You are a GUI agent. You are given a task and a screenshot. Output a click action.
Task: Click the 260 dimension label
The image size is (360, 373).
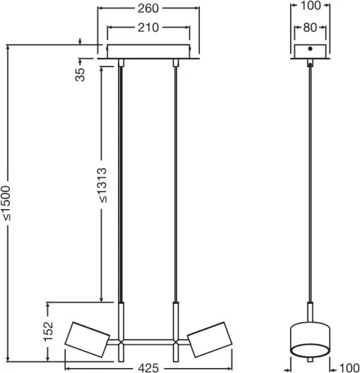coord(148,8)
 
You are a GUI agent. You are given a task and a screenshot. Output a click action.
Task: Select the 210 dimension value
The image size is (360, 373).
coord(148,28)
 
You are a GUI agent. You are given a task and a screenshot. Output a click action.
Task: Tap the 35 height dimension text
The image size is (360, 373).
coord(80,75)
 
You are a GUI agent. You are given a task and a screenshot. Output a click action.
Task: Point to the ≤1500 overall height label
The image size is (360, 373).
coord(6,203)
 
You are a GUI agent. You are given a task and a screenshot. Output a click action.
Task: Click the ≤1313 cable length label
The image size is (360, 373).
coord(102,185)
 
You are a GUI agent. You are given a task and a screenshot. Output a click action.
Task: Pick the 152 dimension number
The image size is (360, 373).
coord(48,331)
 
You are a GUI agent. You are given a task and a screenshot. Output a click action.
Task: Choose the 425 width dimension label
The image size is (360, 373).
coord(148,368)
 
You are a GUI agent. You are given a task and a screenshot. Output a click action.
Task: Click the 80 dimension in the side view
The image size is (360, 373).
coord(310,28)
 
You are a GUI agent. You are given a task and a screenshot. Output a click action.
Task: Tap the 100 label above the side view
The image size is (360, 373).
coord(311,6)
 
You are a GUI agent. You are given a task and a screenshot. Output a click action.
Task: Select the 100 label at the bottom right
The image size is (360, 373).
coord(349,368)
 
